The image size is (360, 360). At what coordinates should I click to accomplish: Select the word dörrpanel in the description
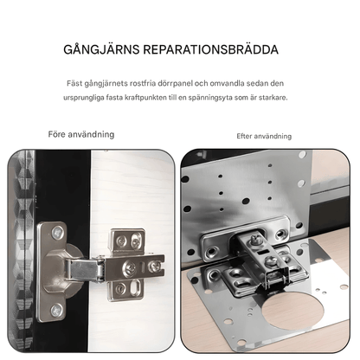[197, 83]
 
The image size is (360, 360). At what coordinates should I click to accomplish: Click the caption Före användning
[80, 135]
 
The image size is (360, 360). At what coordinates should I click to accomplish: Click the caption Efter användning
[264, 137]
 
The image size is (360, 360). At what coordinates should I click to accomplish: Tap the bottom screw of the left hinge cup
[56, 309]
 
